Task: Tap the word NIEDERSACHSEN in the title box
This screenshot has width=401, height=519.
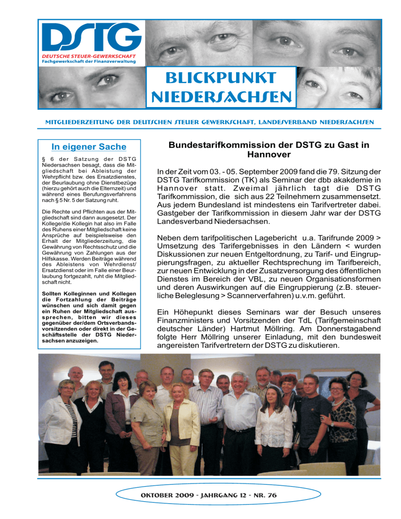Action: click(x=220, y=97)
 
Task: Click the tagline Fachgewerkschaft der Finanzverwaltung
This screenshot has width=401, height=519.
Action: click(x=86, y=63)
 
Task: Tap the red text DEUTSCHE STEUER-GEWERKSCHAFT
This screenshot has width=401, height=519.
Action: click(x=87, y=56)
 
